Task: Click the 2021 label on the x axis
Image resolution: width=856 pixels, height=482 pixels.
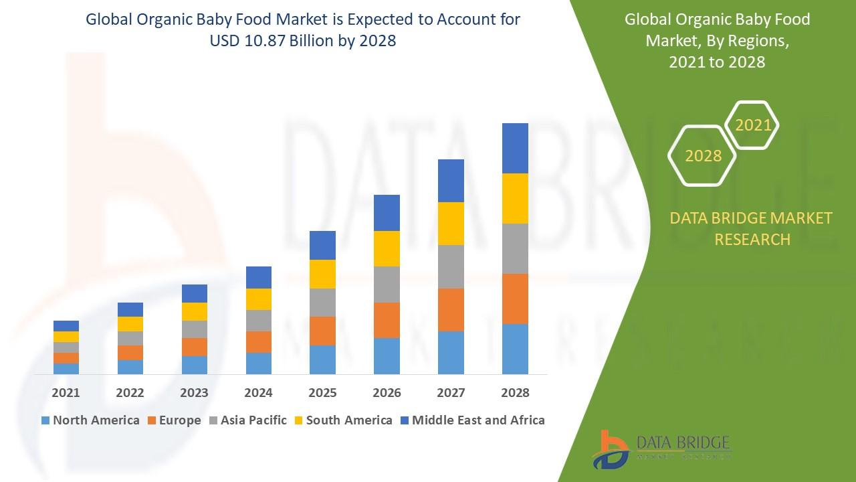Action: [x=66, y=393]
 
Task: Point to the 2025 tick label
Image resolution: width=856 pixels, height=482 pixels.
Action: [x=322, y=393]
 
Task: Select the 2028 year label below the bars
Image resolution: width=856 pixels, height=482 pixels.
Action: [x=515, y=393]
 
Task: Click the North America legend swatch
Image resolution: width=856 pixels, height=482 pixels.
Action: [x=45, y=421]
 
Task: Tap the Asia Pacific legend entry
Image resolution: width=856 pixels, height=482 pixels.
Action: [x=247, y=421]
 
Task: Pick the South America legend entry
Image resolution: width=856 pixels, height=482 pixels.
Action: [x=342, y=421]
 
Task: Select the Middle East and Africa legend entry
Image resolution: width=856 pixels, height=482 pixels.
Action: [x=471, y=421]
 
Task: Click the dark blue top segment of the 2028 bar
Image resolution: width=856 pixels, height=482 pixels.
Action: [x=515, y=148]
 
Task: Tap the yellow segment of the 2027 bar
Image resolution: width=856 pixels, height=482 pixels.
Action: [x=451, y=224]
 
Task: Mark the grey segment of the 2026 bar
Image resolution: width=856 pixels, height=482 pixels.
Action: [x=387, y=285]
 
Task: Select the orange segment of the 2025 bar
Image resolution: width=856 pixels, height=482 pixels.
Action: [x=322, y=331]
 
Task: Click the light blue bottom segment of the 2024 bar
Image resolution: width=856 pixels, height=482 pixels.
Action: [x=258, y=363]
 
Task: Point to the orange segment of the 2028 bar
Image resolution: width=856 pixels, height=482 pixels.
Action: [x=515, y=299]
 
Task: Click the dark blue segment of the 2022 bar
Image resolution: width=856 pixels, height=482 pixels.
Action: [x=130, y=309]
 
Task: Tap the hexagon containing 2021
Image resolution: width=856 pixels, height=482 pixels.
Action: [x=752, y=125]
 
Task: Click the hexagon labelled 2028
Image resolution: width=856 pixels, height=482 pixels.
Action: [x=703, y=155]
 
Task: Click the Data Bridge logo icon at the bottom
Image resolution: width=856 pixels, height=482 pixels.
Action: [x=610, y=449]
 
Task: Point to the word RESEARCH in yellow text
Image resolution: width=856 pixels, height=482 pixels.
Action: [x=752, y=239]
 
